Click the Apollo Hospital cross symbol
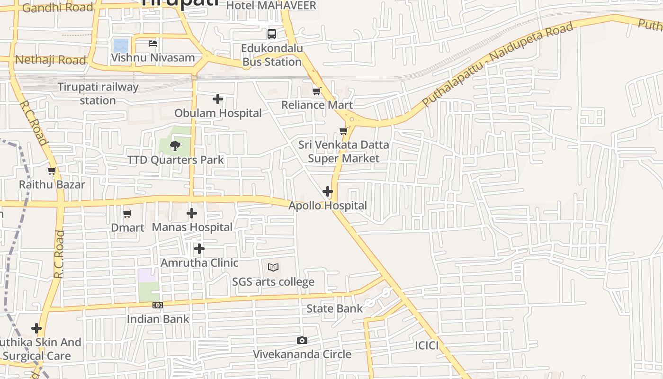coord(327,191)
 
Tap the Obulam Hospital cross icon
coord(218,99)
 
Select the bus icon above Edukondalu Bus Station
coord(271,34)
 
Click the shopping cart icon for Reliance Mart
coord(316,90)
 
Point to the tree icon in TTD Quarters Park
coord(175,145)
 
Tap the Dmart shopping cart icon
coord(127,214)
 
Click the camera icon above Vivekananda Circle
coord(302,340)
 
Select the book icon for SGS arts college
coord(273,267)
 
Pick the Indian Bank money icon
coord(158,305)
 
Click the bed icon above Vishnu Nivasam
coord(152,44)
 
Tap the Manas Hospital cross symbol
coord(192,213)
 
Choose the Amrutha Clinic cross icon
coord(199,248)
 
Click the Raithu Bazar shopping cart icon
coord(52,171)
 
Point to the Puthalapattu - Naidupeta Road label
coord(497,64)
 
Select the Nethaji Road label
coord(51,60)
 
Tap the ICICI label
coord(427,345)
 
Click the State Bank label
coord(334,309)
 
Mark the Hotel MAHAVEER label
coord(271,6)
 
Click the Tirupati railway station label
coord(98,93)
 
